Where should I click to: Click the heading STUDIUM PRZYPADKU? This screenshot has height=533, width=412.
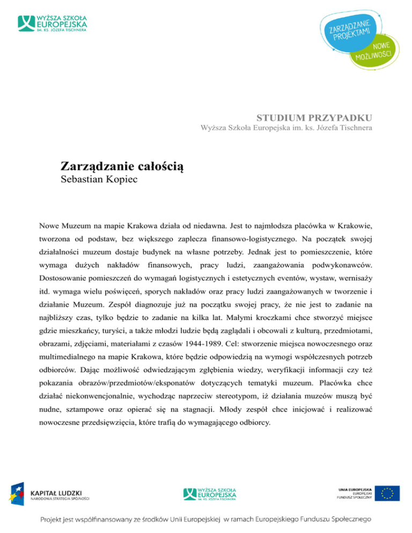point(314,117)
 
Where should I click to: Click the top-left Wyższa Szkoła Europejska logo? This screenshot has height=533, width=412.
point(52,23)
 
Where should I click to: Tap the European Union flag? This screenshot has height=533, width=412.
point(387,494)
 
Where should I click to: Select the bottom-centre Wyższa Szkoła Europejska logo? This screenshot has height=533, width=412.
point(211,493)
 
